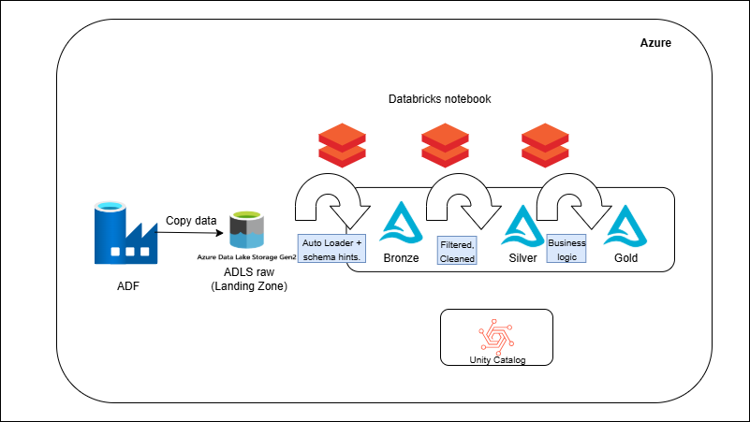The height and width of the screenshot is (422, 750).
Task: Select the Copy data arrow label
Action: point(191,221)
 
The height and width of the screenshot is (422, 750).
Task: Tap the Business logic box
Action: point(566,249)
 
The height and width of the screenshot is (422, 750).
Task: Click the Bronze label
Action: point(401,257)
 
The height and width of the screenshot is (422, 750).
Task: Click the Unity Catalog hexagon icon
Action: point(496,336)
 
